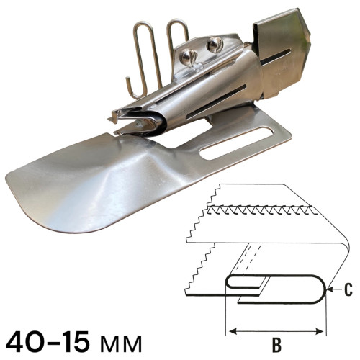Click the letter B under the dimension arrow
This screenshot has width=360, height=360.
pyautogui.click(x=276, y=345)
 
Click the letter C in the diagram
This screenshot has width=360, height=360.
pyautogui.click(x=347, y=290)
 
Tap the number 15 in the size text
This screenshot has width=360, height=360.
pyautogui.click(x=72, y=341)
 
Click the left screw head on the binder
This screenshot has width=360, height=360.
pyautogui.click(x=189, y=56)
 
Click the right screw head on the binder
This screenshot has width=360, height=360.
pyautogui.click(x=215, y=45)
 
